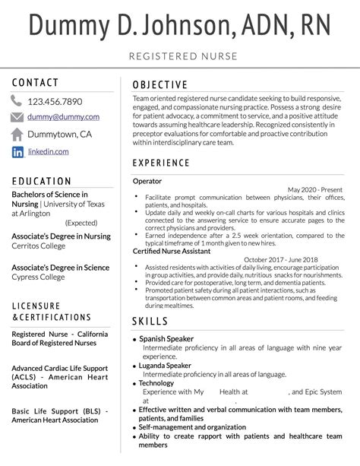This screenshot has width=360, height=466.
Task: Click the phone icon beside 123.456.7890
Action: click(x=17, y=101)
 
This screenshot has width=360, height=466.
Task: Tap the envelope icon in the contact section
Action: click(x=17, y=117)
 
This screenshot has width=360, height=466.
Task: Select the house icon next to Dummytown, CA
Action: click(x=17, y=135)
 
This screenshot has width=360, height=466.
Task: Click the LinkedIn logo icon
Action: click(x=17, y=152)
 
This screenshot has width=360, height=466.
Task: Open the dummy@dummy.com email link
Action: click(x=64, y=117)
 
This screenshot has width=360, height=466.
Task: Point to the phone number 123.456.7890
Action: click(x=55, y=101)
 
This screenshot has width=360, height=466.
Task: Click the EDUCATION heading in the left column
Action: click(x=43, y=182)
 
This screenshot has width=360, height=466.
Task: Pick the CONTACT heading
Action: click(x=36, y=82)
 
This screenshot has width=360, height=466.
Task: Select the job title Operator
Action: click(x=147, y=181)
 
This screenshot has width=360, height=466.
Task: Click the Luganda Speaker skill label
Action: click(x=165, y=365)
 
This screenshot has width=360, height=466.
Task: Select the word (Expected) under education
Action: click(x=81, y=223)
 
